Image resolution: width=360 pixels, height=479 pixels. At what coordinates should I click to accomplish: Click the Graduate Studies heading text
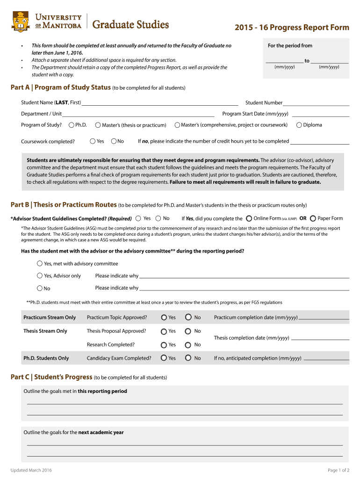[130, 25]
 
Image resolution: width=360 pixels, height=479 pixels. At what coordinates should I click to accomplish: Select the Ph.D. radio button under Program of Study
[72, 125]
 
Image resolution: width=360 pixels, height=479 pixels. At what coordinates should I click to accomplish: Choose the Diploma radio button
[299, 125]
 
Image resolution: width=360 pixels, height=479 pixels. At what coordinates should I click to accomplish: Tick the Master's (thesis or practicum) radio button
[98, 125]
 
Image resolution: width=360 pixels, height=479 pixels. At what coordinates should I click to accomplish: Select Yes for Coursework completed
[92, 141]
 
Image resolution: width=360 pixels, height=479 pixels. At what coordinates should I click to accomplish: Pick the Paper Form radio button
[313, 218]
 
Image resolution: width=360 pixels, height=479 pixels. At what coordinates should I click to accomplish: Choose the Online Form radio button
[249, 218]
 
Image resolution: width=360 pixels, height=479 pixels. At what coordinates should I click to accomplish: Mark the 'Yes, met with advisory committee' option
[40, 263]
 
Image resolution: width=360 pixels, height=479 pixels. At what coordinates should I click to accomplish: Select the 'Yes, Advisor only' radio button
[40, 276]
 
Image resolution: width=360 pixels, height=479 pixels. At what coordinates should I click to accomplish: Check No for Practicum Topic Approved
[188, 317]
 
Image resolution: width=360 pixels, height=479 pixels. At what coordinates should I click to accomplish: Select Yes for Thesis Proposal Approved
[164, 331]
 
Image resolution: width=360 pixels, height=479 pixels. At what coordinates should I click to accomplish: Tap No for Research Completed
[188, 345]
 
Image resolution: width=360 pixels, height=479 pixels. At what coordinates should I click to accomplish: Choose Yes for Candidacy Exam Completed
[164, 358]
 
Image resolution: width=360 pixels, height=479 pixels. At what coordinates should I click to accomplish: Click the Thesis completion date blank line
[320, 338]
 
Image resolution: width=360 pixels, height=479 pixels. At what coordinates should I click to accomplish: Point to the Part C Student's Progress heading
[51, 377]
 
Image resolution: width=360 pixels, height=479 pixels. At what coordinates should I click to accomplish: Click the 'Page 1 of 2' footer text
[338, 470]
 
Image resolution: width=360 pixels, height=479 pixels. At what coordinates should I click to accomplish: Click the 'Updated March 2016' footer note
[31, 470]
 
